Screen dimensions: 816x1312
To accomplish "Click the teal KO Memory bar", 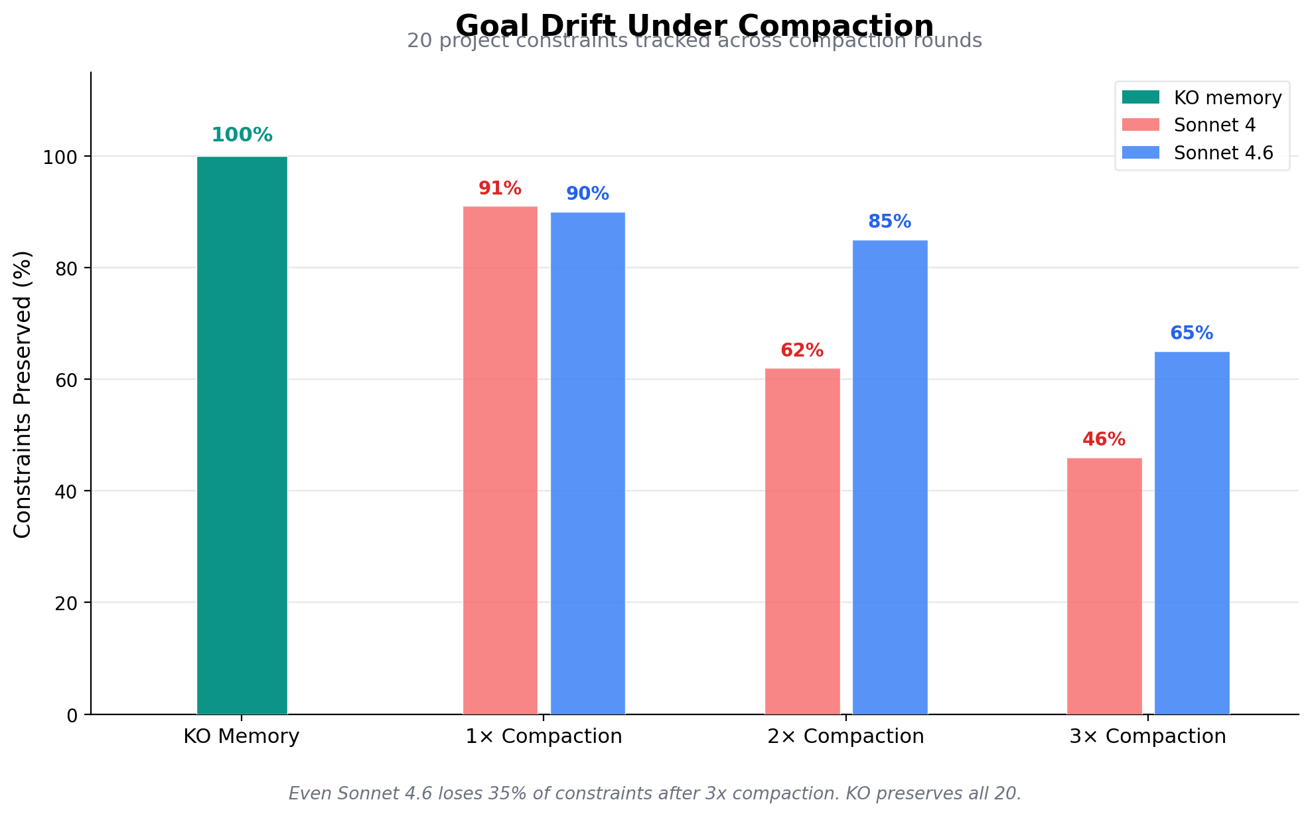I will (242, 435).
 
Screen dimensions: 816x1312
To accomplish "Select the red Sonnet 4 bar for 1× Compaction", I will (500, 460).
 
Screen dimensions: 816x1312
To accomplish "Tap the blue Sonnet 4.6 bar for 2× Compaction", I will (889, 477).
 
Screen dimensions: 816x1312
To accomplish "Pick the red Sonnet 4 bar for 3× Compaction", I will (1104, 586).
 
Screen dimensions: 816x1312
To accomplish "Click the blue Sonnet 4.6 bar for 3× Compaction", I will (1191, 532).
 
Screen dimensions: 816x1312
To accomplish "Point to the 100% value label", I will (242, 135).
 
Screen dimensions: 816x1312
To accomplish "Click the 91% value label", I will (500, 189).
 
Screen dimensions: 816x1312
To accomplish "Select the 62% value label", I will (802, 351).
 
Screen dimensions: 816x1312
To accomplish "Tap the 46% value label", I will (1104, 440).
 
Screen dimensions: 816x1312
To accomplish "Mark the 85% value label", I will (889, 222).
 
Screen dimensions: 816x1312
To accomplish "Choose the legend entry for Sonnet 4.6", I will (1223, 153).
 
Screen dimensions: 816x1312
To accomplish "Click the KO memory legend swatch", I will (1140, 98).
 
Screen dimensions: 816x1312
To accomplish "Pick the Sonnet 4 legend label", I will (1214, 125).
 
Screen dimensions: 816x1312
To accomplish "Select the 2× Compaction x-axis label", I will (845, 736).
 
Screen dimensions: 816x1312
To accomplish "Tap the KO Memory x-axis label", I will (242, 736).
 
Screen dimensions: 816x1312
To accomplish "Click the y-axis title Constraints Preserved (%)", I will (23, 394).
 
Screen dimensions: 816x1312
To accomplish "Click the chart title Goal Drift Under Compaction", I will (694, 25).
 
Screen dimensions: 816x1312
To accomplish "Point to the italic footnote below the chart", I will (654, 793).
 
